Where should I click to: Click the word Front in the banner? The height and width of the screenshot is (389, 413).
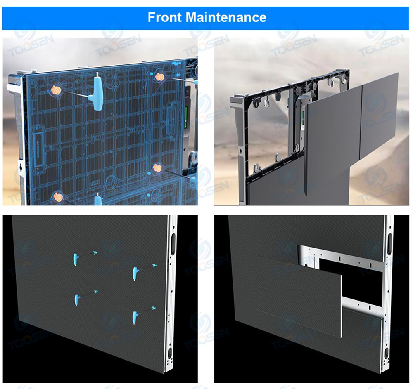click(164, 17)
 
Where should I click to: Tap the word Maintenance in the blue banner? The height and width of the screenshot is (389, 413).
click(226, 17)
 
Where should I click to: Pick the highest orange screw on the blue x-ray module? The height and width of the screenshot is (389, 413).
click(159, 77)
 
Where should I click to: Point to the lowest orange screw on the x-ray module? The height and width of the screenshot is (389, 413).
click(58, 197)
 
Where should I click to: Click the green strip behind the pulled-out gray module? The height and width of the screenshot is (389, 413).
click(303, 116)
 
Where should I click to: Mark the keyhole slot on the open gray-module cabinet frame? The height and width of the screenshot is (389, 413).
click(240, 151)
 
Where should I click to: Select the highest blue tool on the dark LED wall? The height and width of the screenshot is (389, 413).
click(76, 259)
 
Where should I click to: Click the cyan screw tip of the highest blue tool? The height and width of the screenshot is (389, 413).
click(95, 253)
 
